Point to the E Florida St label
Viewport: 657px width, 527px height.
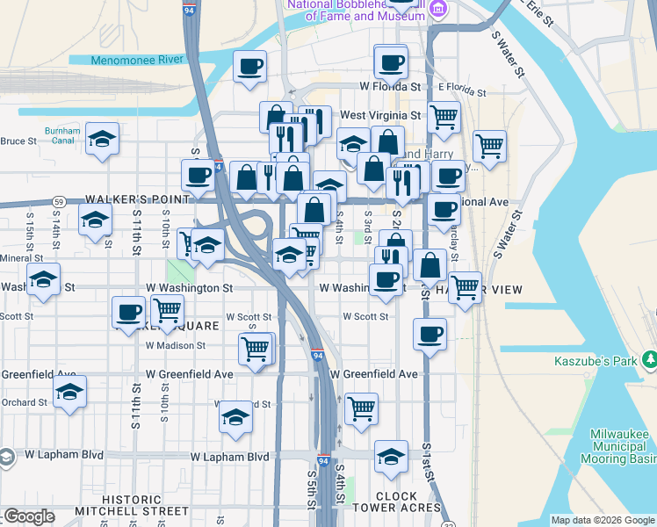click(x=462, y=90)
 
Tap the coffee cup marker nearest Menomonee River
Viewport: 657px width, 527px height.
click(x=250, y=66)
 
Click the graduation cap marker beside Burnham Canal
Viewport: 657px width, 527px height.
click(x=103, y=138)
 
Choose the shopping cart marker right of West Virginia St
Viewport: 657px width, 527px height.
click(x=444, y=116)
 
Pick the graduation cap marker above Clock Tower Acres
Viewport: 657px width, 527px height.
click(x=391, y=456)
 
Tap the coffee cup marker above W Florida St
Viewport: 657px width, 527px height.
click(x=390, y=61)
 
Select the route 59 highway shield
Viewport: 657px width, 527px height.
click(x=57, y=201)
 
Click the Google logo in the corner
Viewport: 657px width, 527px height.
click(x=29, y=516)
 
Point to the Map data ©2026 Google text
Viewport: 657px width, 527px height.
click(x=602, y=520)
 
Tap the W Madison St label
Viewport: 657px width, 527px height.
click(x=176, y=345)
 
